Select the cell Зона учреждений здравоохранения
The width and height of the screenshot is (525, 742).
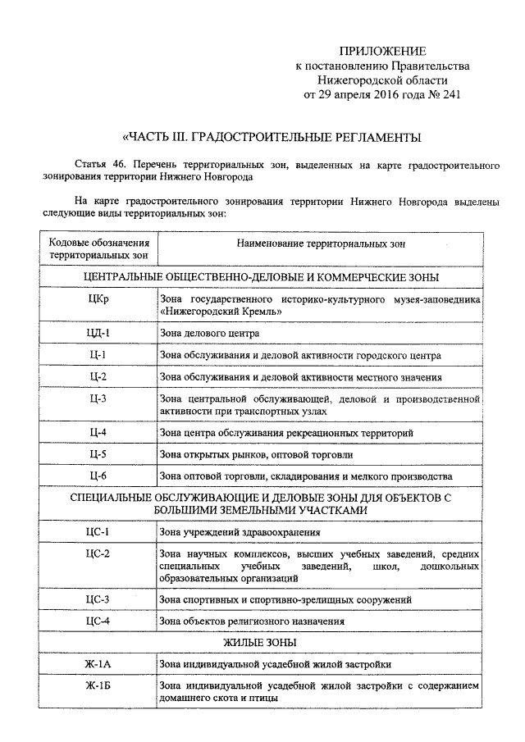pyautogui.click(x=234, y=533)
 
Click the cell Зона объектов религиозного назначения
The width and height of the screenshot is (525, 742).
pyautogui.click(x=252, y=621)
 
